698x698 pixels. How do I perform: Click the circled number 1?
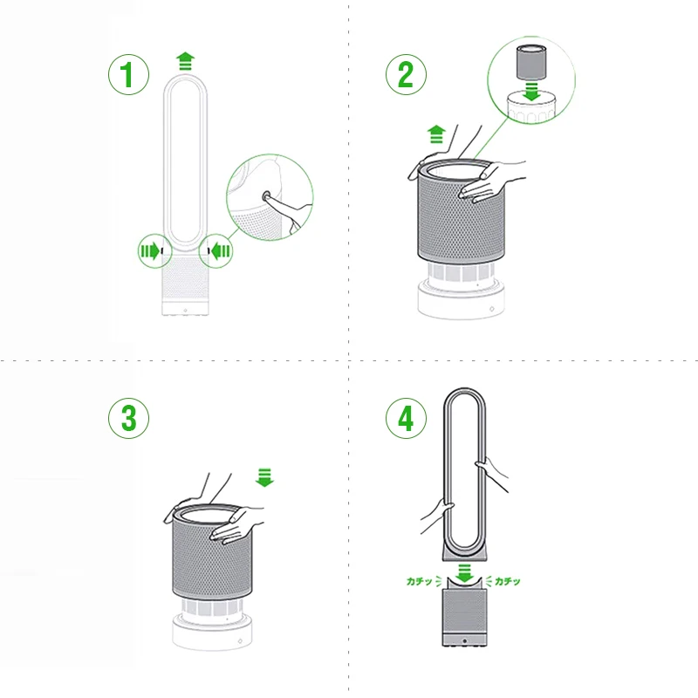coord(128,74)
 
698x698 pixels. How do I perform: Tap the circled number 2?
coord(406,74)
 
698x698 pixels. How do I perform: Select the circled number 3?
coord(128,418)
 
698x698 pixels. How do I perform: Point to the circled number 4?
coord(406,418)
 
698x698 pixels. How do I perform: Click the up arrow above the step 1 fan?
coord(185,61)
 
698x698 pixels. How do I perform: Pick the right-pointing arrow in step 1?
coord(150,251)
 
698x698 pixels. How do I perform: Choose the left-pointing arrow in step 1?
coord(221,251)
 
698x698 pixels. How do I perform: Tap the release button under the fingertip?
coord(267,195)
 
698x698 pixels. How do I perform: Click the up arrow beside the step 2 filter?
coord(436,134)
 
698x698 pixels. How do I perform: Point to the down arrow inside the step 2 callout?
coord(531,91)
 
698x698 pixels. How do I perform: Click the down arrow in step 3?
coord(265,477)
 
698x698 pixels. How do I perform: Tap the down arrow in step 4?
coord(464,573)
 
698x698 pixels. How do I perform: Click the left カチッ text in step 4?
coord(419,581)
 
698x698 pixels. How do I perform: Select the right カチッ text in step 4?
coord(508,581)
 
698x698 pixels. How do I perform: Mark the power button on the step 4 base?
coord(464,641)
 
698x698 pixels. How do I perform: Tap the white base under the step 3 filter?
coord(212,631)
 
